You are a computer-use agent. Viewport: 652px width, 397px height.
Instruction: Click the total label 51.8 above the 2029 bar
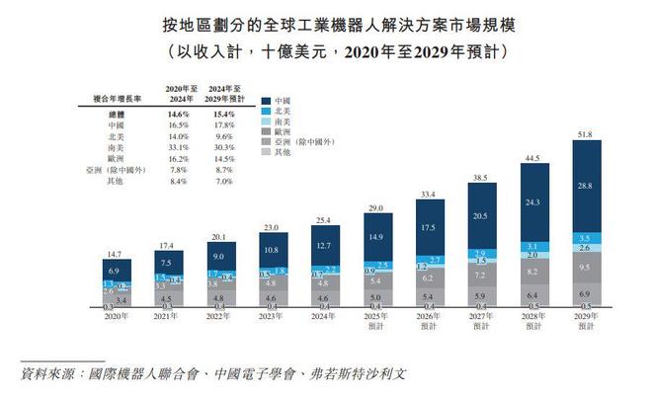pos(588,133)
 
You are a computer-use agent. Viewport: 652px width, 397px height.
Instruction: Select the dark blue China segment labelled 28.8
pos(588,186)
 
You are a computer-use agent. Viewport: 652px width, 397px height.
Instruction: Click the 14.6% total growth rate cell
pos(181,115)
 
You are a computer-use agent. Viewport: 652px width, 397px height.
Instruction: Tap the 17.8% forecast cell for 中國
pos(229,125)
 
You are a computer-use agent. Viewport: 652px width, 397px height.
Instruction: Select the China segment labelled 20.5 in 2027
pos(481,215)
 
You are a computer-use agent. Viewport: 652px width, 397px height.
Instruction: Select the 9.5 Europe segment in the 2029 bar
pos(588,268)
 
